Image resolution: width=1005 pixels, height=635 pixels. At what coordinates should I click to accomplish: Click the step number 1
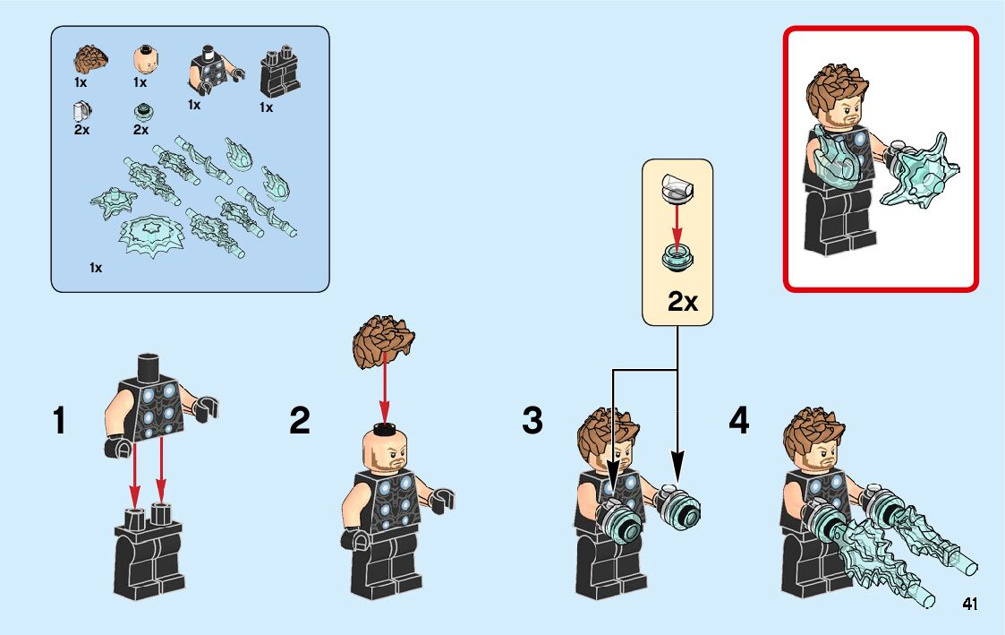coord(59,422)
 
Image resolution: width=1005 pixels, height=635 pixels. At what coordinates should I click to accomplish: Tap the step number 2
coord(299,421)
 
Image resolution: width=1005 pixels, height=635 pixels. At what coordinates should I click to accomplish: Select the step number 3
coord(532,421)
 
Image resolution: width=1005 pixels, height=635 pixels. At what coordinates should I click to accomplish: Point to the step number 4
coord(739,421)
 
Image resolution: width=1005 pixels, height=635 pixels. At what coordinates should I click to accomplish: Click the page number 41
coord(970,604)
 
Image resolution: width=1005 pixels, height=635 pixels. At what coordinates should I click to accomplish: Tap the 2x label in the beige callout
coord(682,301)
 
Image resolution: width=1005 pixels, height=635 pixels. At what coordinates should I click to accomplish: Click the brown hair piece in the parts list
coord(90,60)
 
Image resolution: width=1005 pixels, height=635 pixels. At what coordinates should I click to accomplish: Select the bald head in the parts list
coord(147,60)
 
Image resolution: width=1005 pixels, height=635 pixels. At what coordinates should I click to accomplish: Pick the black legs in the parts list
coord(279,72)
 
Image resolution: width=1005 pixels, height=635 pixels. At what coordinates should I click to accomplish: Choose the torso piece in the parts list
coord(215,72)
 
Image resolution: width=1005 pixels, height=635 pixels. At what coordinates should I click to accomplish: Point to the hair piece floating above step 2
coord(383,341)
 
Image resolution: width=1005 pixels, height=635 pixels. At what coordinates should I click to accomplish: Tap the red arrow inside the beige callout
coord(677,225)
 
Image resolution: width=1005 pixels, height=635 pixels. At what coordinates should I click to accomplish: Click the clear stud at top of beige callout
coord(677,188)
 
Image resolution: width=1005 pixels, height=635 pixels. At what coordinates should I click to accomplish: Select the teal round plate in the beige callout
coord(677,257)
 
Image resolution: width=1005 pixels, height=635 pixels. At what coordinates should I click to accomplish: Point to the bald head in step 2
coord(385,448)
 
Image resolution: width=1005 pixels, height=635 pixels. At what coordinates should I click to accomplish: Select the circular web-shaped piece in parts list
coord(152,236)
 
